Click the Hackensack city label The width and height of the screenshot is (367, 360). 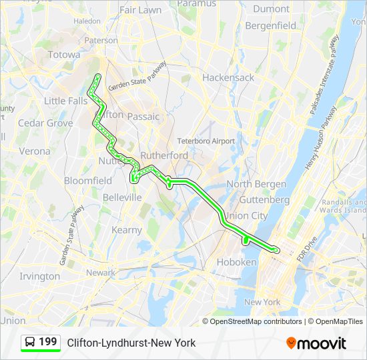(228, 77)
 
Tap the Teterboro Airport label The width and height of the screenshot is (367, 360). (206, 141)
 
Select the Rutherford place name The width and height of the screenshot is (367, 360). (164, 155)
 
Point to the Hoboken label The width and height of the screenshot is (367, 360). (236, 263)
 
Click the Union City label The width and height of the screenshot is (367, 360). (246, 216)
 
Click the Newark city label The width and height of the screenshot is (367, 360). (100, 273)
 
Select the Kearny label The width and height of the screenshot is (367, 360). (126, 230)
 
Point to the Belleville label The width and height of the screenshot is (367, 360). (122, 198)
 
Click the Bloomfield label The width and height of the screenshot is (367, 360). (88, 181)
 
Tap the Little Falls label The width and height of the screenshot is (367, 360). (65, 101)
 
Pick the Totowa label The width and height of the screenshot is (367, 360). (64, 55)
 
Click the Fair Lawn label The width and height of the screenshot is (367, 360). (140, 11)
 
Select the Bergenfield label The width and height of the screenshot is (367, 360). (270, 26)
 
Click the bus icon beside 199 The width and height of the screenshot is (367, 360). (30, 342)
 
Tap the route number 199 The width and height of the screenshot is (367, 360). (48, 342)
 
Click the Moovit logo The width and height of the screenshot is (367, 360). (316, 343)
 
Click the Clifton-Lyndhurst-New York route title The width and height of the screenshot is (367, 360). (131, 343)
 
